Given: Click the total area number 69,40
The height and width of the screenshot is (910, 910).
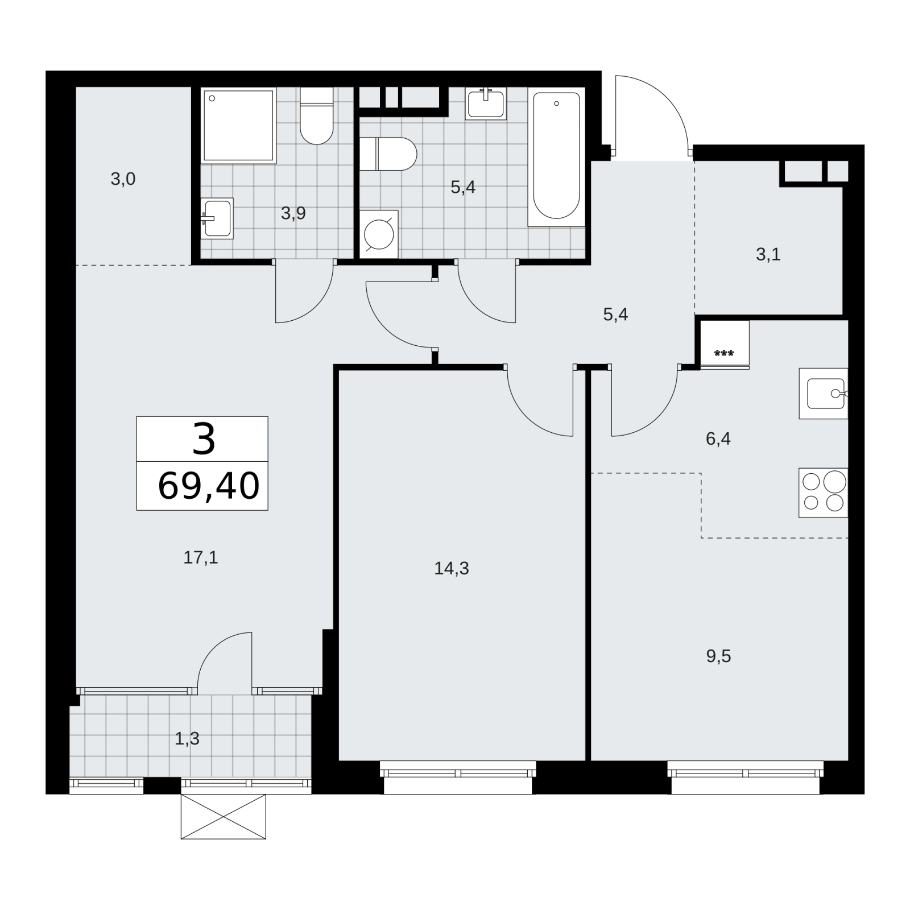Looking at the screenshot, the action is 209,486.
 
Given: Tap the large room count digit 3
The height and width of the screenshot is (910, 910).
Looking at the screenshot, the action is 204,439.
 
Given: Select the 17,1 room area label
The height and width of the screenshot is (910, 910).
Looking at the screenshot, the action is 201,557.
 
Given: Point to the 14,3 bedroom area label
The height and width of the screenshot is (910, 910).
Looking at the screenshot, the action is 452,568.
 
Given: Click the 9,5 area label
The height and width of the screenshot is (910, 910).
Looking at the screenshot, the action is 719,656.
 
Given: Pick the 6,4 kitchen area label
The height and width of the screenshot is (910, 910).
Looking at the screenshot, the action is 718,439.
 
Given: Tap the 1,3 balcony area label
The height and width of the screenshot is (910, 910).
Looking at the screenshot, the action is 187,738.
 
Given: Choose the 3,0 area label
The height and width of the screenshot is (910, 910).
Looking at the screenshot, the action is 123,179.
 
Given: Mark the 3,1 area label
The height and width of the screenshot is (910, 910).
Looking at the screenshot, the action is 768,254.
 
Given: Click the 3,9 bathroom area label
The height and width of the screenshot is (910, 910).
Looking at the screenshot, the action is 293,213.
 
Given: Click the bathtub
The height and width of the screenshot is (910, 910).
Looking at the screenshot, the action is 556,156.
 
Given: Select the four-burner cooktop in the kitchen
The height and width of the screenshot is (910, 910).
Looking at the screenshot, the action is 823,493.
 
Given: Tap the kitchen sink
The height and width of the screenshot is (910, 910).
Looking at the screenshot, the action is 823,394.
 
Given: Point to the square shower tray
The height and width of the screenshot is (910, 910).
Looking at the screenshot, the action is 238,126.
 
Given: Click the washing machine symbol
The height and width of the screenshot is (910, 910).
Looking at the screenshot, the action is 379,234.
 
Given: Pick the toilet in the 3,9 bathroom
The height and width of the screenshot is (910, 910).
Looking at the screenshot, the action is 316,116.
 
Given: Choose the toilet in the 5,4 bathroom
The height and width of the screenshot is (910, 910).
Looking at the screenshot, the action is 388,154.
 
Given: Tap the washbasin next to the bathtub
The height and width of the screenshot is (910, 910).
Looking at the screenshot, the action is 486,104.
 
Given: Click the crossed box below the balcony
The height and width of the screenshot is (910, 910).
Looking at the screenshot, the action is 224,816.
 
